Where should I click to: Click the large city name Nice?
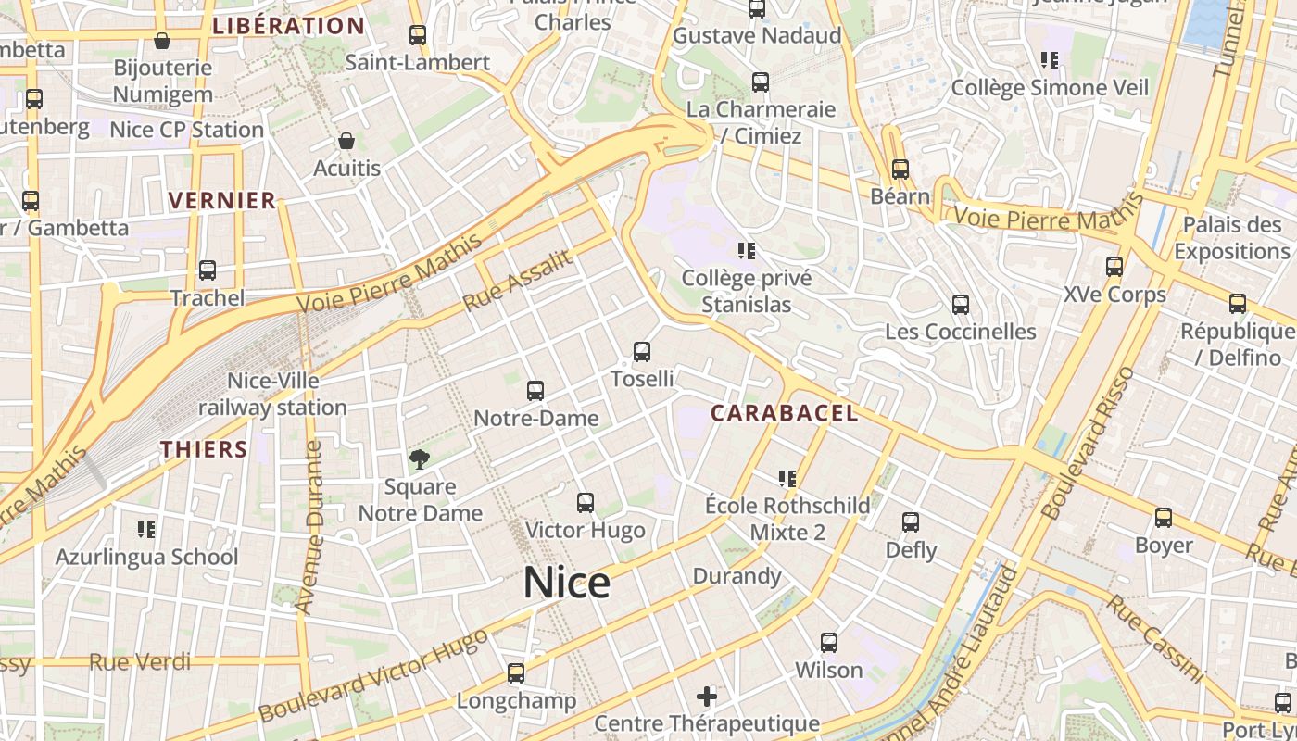[x=567, y=583]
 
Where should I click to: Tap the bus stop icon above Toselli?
[x=641, y=352]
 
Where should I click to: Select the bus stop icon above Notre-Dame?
[x=535, y=391]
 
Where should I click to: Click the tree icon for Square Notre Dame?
[x=420, y=458]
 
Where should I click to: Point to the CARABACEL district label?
[x=785, y=413]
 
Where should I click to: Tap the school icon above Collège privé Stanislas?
[x=747, y=250]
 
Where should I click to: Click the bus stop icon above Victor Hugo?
[x=585, y=503]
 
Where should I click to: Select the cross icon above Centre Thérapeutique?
[x=707, y=696]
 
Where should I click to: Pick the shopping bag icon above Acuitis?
[x=346, y=141]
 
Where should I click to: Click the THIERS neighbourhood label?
[x=204, y=450]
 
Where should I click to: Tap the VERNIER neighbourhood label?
[x=222, y=200]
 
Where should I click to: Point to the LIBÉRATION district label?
[x=288, y=26]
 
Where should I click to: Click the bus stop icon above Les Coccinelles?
[x=961, y=304]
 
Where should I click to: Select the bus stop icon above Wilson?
[x=829, y=642]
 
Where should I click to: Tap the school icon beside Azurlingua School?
[x=145, y=529]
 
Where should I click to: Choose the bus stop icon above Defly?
[x=911, y=522]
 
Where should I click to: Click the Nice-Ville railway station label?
[x=272, y=394]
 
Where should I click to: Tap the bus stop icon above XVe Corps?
[x=1114, y=267]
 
